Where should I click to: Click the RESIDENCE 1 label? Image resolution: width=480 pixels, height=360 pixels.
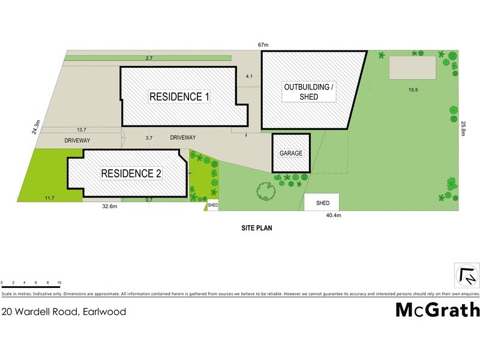pos(179,97)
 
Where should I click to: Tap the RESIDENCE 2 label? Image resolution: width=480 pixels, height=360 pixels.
pos(131,173)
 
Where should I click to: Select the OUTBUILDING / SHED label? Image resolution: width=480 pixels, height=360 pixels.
pos(310,92)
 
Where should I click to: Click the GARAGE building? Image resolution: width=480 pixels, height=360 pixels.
pos(291,153)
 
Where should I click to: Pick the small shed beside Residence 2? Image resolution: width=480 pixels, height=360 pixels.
pos(212,205)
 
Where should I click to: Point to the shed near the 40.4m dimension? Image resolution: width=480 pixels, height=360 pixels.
pos(323,203)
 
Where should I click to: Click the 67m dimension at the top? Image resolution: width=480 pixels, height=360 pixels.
pos(262,44)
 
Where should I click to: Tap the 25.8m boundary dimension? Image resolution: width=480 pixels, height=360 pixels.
pos(463,128)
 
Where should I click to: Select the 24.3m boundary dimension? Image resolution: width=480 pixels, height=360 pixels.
pos(37,127)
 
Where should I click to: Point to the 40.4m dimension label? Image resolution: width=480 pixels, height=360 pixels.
pos(333,215)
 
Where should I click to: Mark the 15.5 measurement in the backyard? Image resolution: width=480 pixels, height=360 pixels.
pos(413,90)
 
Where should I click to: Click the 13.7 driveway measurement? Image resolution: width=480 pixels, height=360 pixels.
pos(82,130)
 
